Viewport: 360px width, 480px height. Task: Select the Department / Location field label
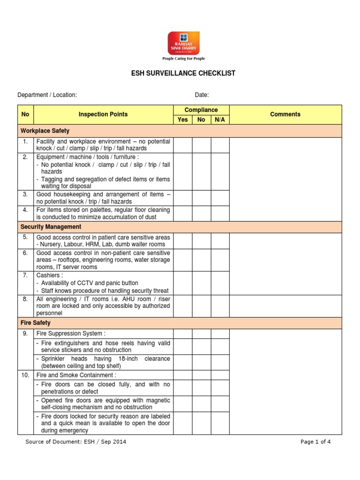pyautogui.click(x=47, y=95)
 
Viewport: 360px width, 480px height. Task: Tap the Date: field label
pyautogui.click(x=202, y=95)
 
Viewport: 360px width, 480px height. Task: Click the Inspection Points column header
pyautogui.click(x=103, y=114)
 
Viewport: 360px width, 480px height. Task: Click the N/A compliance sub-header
pyautogui.click(x=220, y=120)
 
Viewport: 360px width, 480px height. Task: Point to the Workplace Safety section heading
pyautogui.click(x=45, y=131)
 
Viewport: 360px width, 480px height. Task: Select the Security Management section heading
pyautogui.click(x=51, y=227)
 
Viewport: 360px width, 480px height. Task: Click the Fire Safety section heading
pyautogui.click(x=36, y=323)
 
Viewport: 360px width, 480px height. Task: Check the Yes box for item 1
pyautogui.click(x=183, y=145)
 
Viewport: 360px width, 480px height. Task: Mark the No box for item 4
pyautogui.click(x=202, y=213)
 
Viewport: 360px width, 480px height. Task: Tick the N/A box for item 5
pyautogui.click(x=220, y=241)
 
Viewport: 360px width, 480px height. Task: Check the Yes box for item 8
pyautogui.click(x=183, y=306)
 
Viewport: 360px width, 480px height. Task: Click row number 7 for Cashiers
pyautogui.click(x=25, y=276)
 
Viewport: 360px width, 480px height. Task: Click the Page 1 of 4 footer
pyautogui.click(x=315, y=442)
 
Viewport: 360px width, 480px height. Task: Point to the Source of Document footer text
pyautogui.click(x=75, y=442)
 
